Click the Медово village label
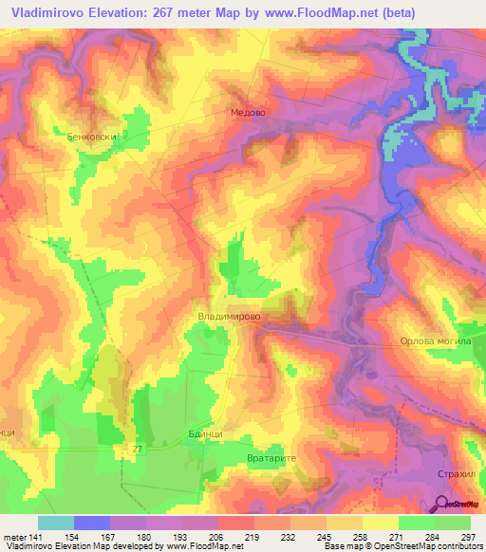tap(248, 112)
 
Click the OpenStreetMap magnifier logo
tap(440, 504)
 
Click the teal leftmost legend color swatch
tap(55, 523)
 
